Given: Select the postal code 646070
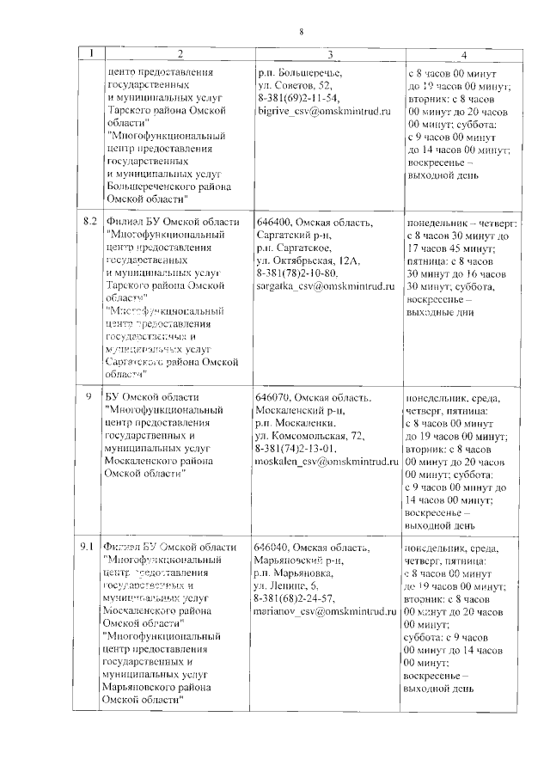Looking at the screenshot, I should [272, 398].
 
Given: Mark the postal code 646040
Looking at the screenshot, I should [272, 548].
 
